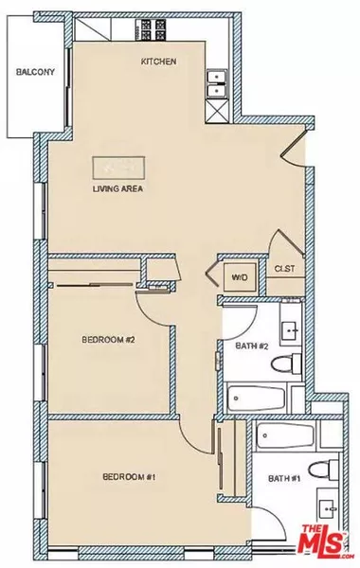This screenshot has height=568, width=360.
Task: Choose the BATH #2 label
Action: (248, 345)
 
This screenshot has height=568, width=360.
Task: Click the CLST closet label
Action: (283, 269)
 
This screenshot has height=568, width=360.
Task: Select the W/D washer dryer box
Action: (240, 277)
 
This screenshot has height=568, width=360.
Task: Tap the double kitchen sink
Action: (217, 85)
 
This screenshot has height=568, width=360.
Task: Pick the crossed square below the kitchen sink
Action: (217, 111)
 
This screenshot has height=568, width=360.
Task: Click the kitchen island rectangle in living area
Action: (119, 168)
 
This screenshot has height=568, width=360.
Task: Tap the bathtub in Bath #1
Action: (283, 437)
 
